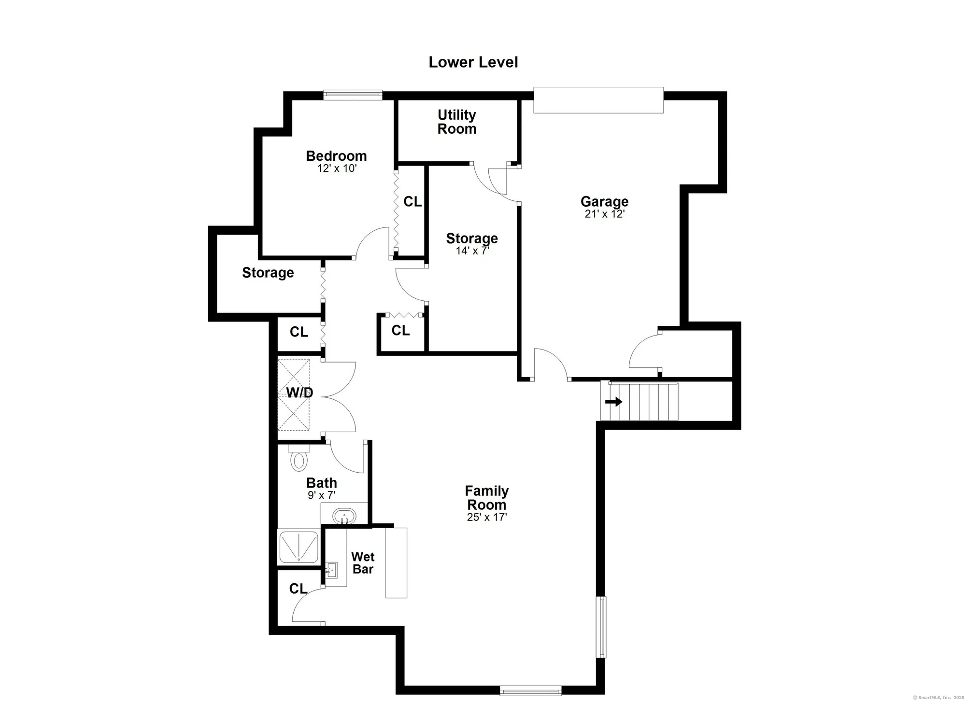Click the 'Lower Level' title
pos(473,62)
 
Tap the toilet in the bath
pos(299,458)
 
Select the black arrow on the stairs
pos(614,402)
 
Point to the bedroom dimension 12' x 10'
pos(337,168)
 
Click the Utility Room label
pos(456,122)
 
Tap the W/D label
pos(299,393)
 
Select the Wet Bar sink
pos(333,570)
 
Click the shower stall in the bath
pos(298,547)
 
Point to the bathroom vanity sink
pos(344,516)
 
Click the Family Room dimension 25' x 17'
pos(486,517)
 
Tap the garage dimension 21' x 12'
pos(605,214)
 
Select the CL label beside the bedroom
pos(412,201)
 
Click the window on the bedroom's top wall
pos(353,95)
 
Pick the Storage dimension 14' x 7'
pos(472,251)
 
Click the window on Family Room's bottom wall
pos(530,690)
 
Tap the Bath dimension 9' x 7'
pos(322,495)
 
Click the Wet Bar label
pos(363,563)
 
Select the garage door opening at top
pos(598,100)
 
